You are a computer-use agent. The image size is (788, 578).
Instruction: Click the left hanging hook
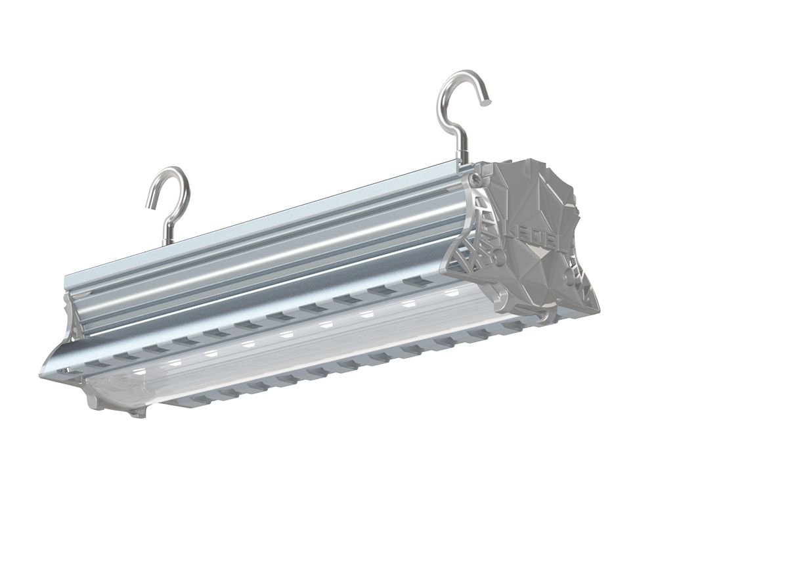(x=173, y=197)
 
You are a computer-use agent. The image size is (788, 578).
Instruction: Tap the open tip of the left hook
(x=148, y=206)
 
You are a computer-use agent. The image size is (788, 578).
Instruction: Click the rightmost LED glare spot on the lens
(x=451, y=292)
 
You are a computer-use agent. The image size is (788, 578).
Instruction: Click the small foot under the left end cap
(x=137, y=413)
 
